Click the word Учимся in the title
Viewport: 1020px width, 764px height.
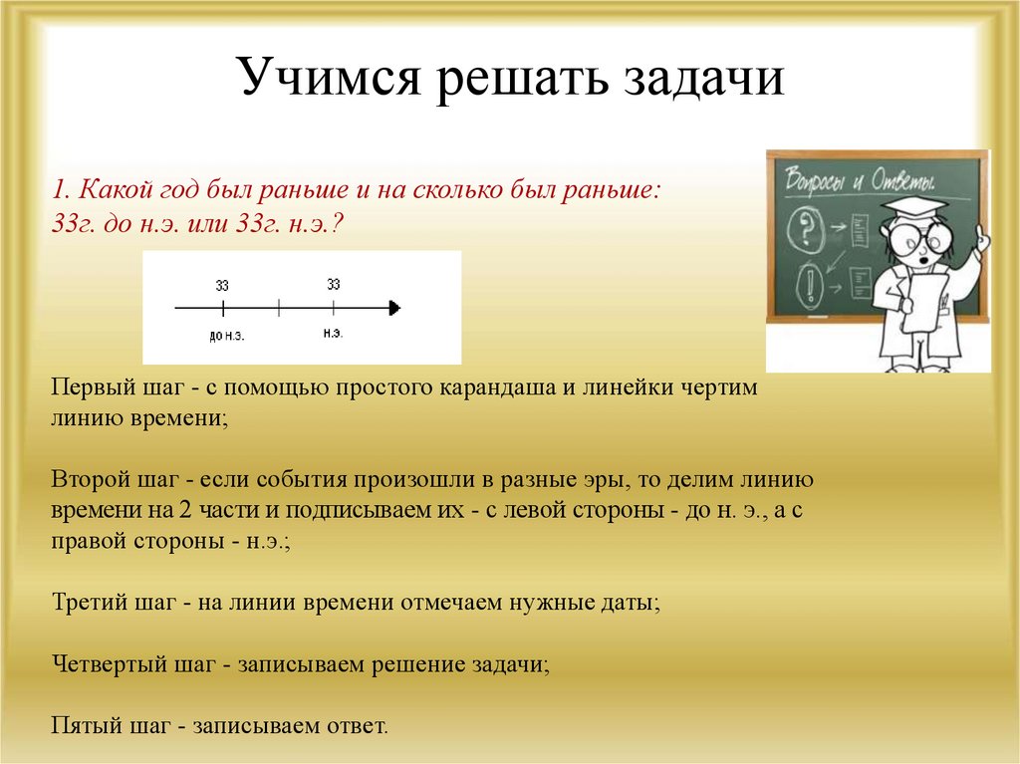(329, 78)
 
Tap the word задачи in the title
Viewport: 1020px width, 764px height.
(704, 78)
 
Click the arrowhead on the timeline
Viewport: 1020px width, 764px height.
(394, 308)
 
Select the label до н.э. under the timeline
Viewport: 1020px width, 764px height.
(227, 337)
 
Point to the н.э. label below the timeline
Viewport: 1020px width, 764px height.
(333, 334)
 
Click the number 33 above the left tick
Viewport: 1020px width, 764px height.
(222, 285)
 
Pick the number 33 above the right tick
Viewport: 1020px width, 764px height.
(334, 284)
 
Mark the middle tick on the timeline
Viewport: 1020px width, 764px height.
(279, 308)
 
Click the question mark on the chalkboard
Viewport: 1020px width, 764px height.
(807, 228)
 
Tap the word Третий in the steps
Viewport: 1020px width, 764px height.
(88, 602)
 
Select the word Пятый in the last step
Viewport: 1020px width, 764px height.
(86, 725)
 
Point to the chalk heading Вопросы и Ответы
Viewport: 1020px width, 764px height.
(860, 179)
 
